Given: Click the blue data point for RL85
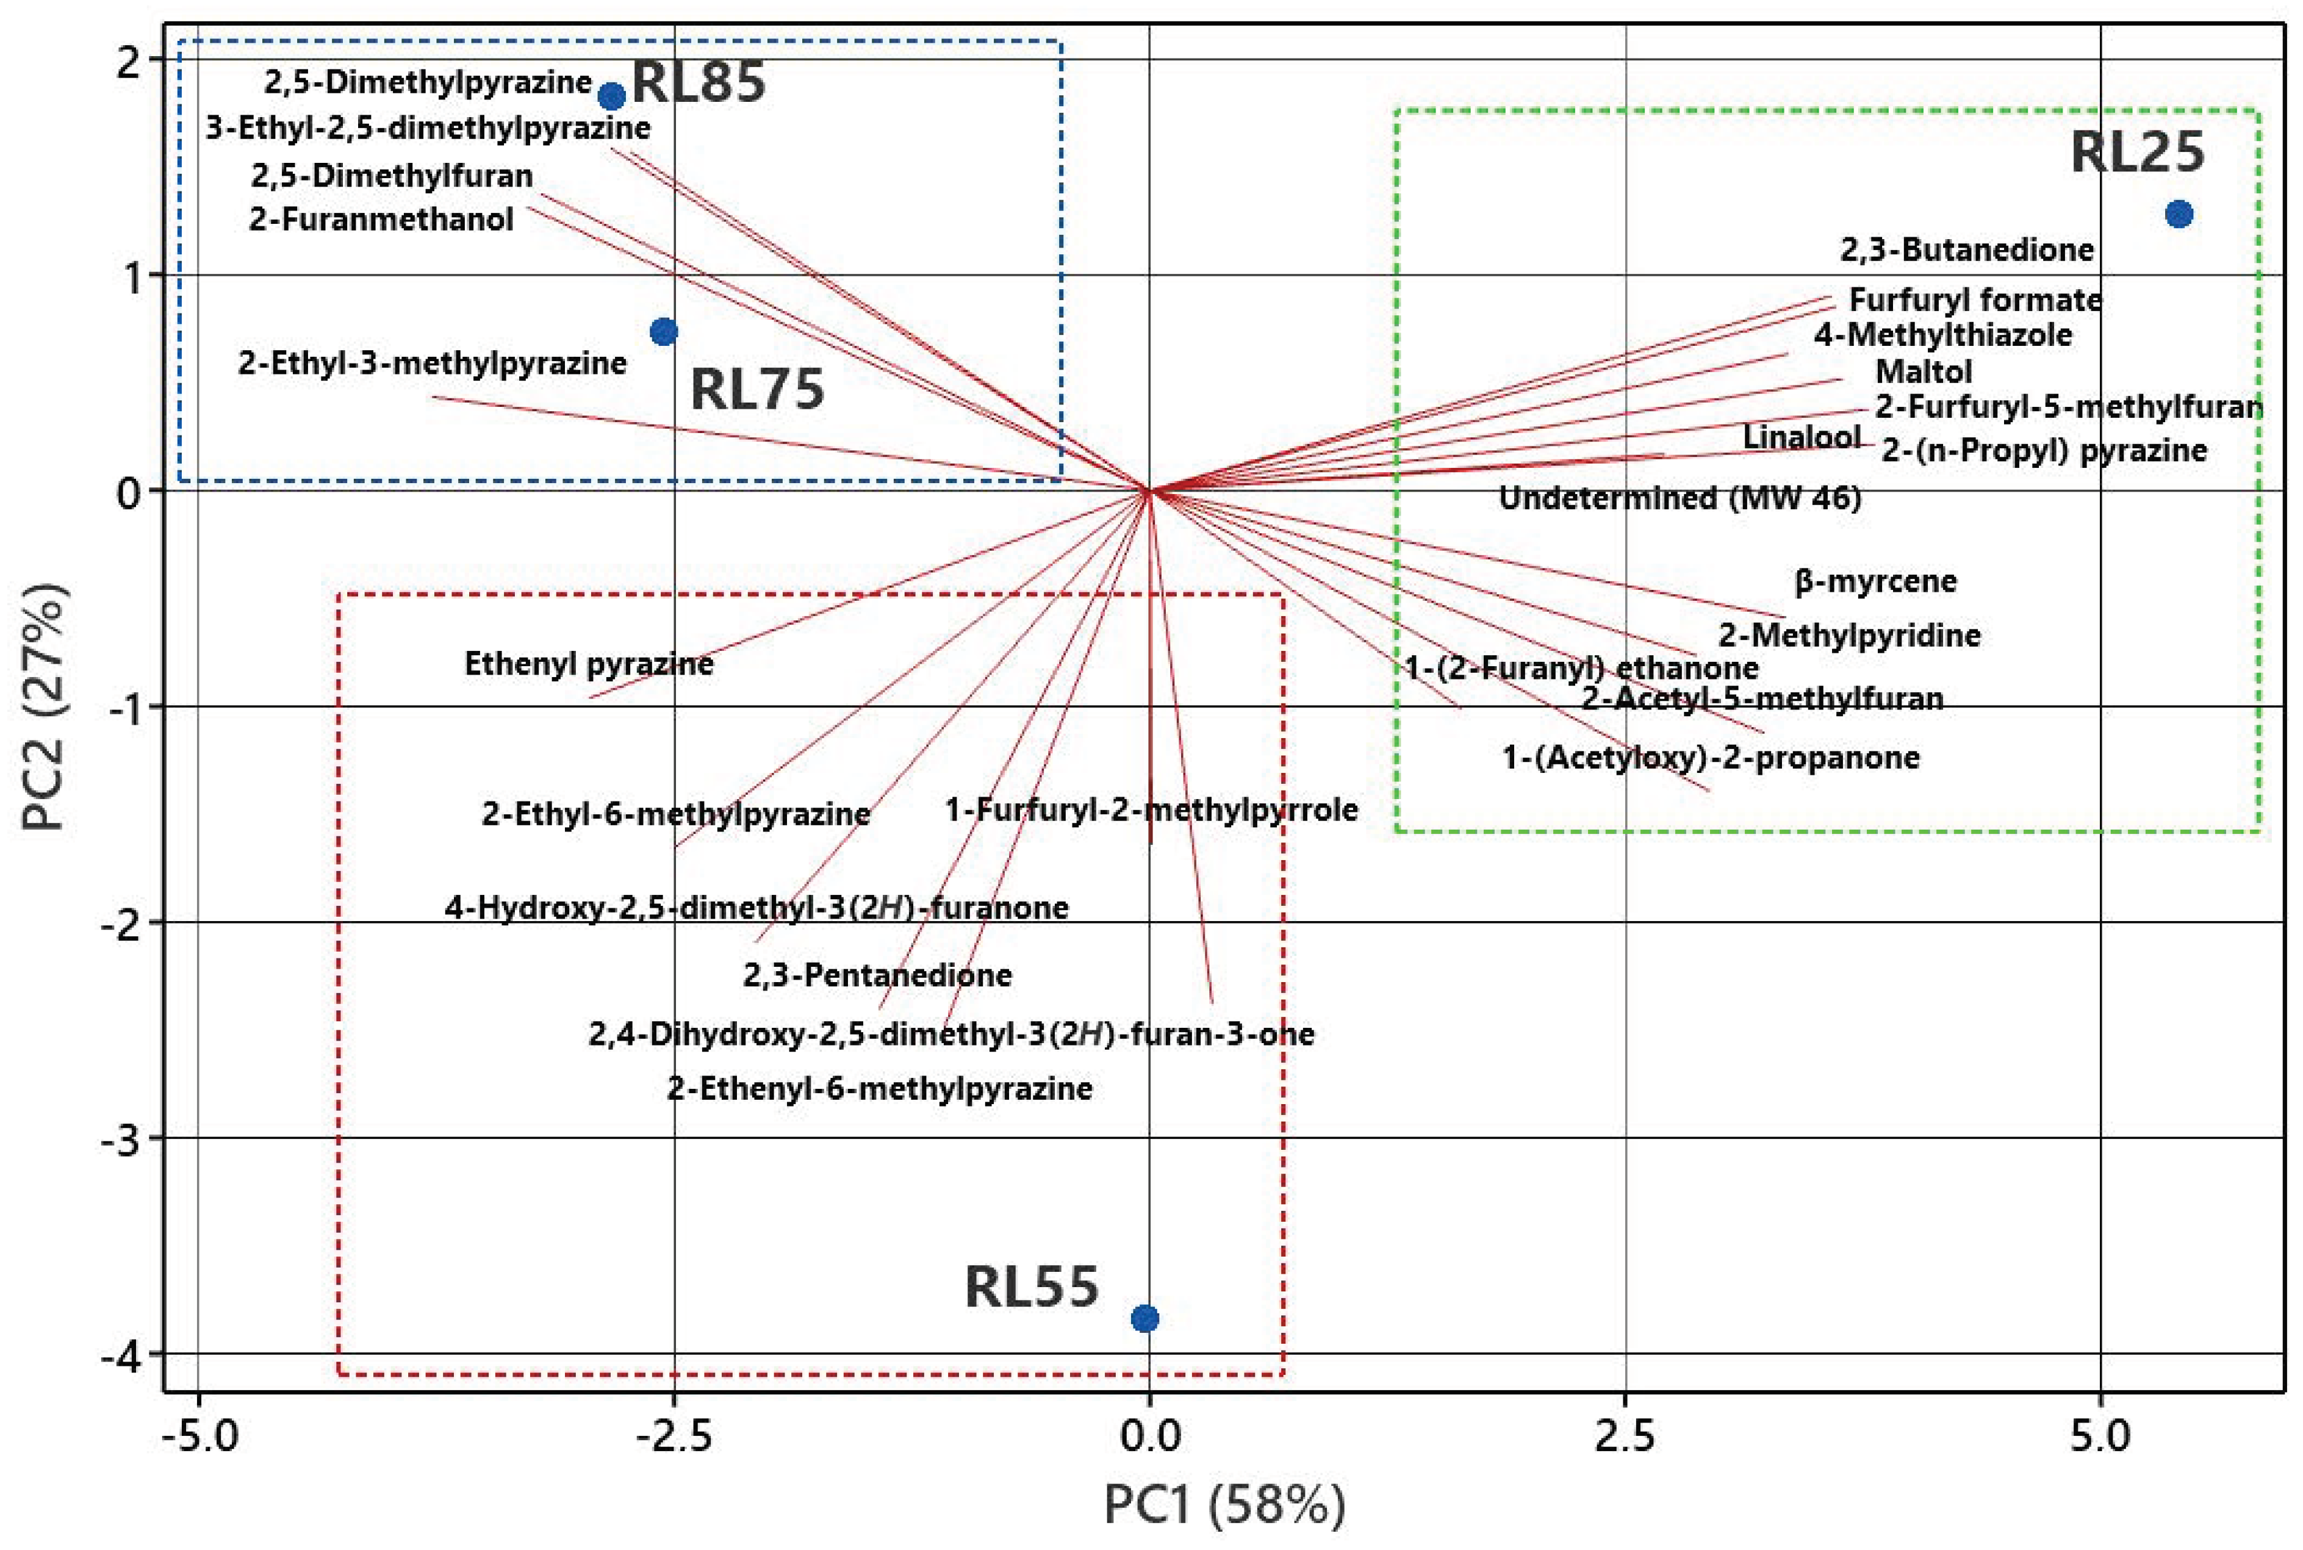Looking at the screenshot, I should pyautogui.click(x=612, y=96).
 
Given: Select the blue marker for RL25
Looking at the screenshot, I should pyautogui.click(x=2179, y=213).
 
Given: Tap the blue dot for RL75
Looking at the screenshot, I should pyautogui.click(x=663, y=331).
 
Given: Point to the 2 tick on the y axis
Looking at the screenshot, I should pyautogui.click(x=129, y=61).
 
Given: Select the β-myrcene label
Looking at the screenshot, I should pyautogui.click(x=1875, y=581).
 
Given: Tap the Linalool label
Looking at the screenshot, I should pyautogui.click(x=1801, y=437).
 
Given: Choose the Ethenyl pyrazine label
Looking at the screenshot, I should pyautogui.click(x=589, y=663).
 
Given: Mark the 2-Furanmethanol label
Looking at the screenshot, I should pyautogui.click(x=381, y=218).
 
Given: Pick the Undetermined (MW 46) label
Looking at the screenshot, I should pyautogui.click(x=1680, y=497).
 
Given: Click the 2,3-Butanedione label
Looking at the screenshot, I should pyautogui.click(x=1966, y=249).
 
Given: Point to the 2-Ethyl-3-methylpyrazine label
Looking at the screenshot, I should pyautogui.click(x=432, y=363).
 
